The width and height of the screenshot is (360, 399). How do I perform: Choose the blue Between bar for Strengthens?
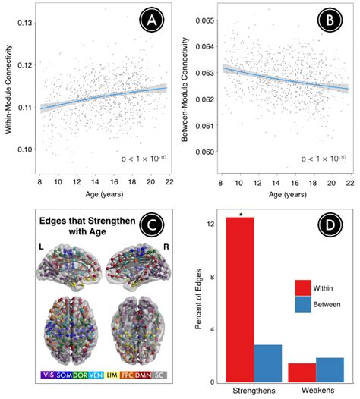pyautogui.click(x=267, y=363)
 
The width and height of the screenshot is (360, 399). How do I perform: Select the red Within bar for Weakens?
pyautogui.click(x=302, y=372)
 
